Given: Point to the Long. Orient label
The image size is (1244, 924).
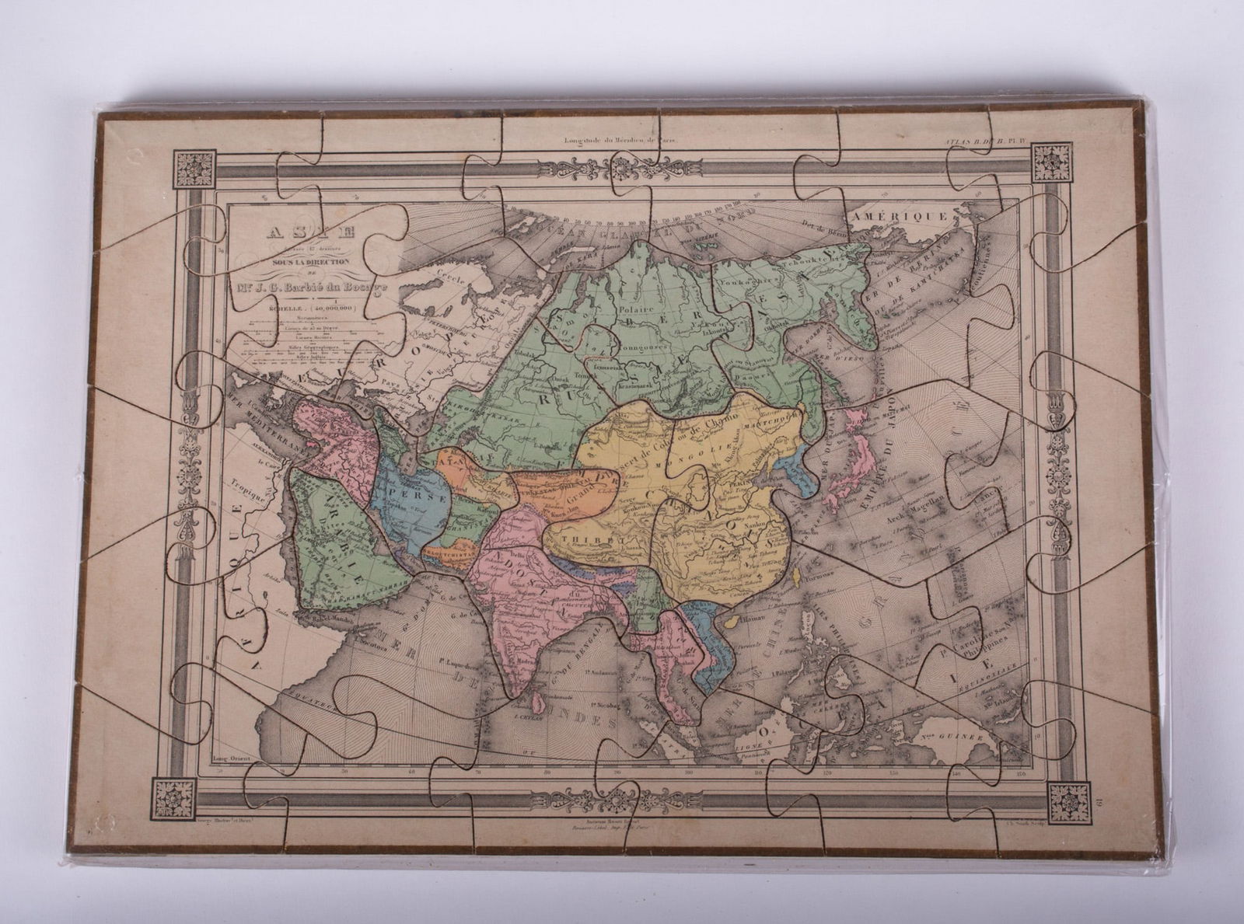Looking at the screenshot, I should coord(232,759).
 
